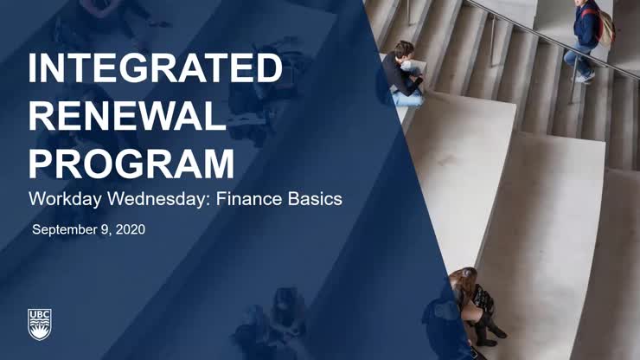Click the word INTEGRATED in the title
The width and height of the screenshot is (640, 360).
click(x=155, y=69)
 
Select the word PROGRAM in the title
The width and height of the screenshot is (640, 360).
click(x=131, y=162)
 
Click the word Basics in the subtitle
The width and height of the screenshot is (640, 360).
click(x=313, y=199)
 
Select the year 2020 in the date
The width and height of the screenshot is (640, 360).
click(x=129, y=230)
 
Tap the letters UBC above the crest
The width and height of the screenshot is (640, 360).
click(x=40, y=311)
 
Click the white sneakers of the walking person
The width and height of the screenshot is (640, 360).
click(x=586, y=78)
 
